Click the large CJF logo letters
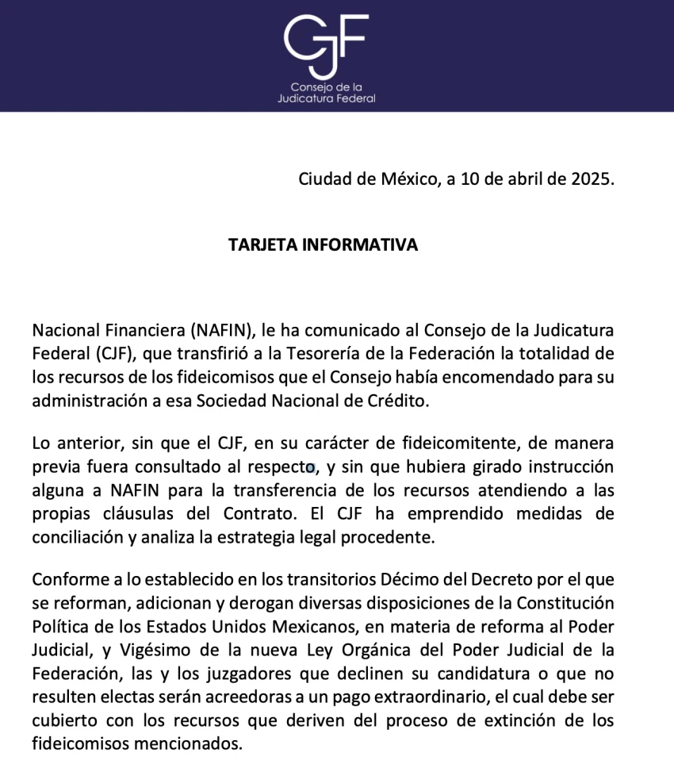click(326, 39)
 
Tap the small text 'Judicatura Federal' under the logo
click(326, 99)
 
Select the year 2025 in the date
click(592, 179)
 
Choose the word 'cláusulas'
click(124, 514)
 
